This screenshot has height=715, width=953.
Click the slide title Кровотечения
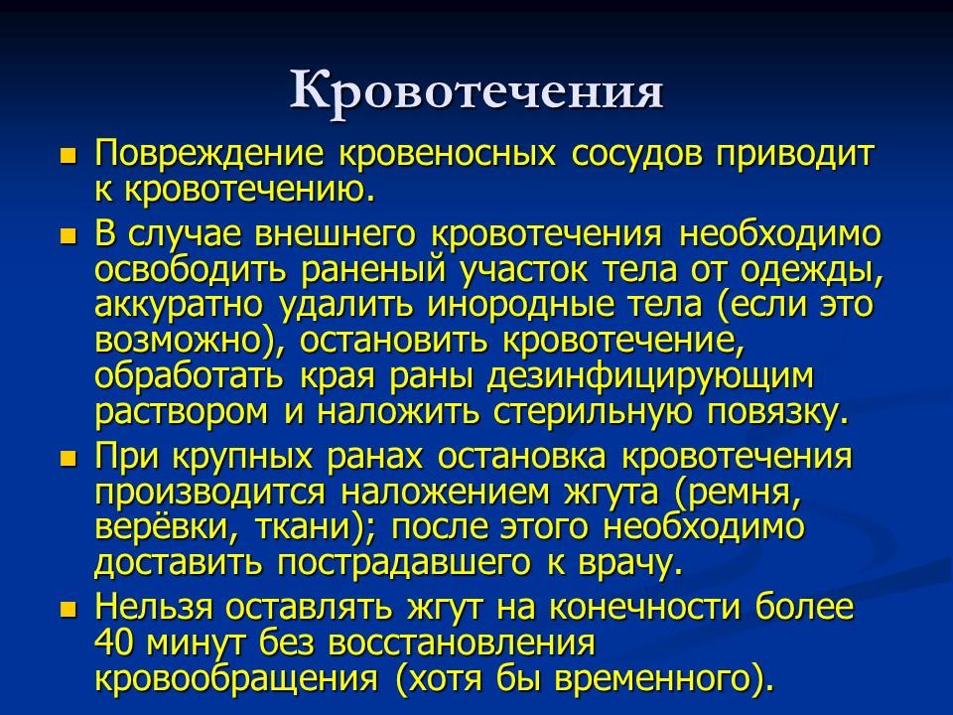476,90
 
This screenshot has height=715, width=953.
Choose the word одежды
815,270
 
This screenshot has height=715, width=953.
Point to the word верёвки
159,527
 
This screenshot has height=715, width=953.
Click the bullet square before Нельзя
68,608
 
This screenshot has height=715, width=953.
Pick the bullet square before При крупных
68,458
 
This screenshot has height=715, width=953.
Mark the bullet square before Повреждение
68,157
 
